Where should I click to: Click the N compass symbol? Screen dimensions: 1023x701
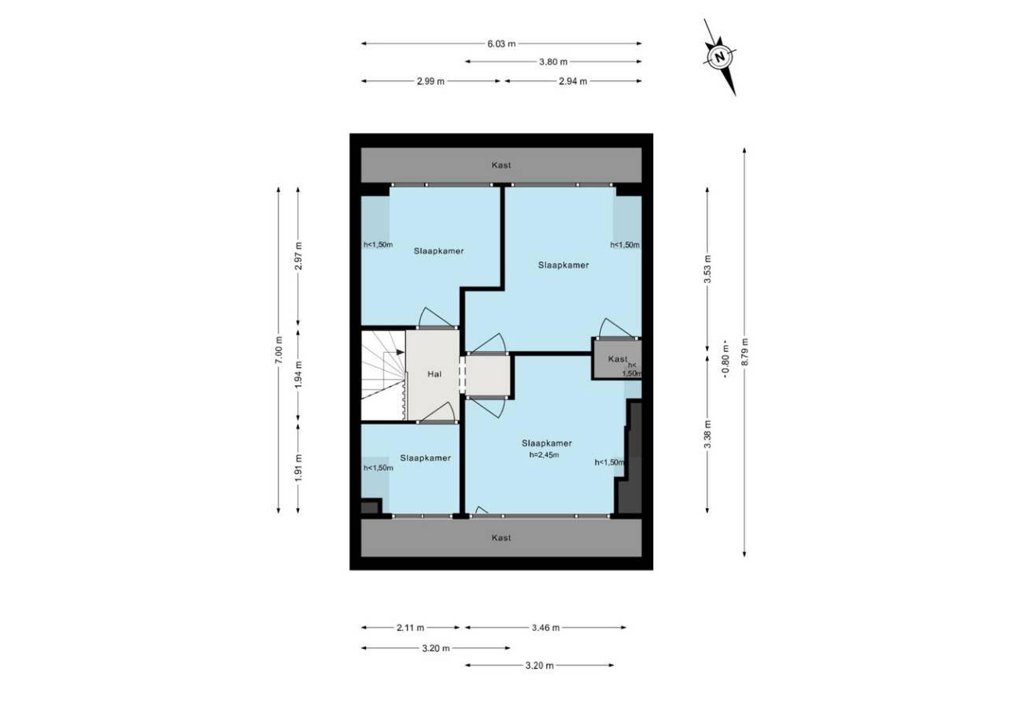pos(720,57)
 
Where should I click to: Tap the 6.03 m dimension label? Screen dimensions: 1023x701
pos(501,44)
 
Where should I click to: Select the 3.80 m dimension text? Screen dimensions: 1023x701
pos(553,61)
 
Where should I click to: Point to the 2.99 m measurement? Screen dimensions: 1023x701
pos(430,81)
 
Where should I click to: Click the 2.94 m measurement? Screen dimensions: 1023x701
pos(573,81)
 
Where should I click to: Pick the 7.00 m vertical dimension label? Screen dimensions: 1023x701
pos(279,350)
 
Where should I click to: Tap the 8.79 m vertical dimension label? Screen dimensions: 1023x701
pos(744,351)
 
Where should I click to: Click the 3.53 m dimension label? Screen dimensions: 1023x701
pos(707,269)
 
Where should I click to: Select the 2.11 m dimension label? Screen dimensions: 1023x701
pos(410,628)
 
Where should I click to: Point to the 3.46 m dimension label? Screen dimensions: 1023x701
pos(545,628)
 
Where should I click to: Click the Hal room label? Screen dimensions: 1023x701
pos(434,374)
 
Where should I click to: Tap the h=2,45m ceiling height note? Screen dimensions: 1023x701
pos(544,454)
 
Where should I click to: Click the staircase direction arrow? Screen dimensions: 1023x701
pos(394,352)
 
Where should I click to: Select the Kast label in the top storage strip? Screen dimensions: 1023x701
pos(501,165)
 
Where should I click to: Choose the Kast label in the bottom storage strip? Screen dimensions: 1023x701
pos(501,537)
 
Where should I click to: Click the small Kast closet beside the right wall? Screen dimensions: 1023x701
pos(617,358)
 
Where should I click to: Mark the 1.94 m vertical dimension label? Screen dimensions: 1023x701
pos(298,375)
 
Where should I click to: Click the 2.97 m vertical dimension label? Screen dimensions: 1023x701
pos(298,255)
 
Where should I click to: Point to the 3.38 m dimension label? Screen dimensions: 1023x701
pos(707,434)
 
